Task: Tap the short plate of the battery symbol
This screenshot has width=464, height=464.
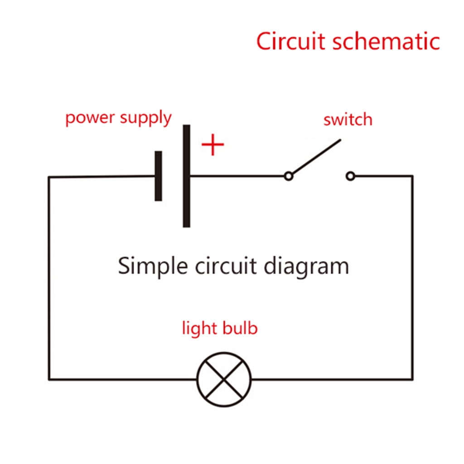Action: (158, 176)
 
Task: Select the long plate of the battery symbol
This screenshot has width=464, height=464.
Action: (187, 176)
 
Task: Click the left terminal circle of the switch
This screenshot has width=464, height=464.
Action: (288, 176)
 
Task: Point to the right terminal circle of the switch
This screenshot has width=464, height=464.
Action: (350, 176)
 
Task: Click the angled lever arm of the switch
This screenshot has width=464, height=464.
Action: (315, 157)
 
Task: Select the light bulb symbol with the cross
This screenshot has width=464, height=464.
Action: (224, 379)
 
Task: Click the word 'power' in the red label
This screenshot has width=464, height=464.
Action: (90, 118)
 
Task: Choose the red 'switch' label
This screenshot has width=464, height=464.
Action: (348, 120)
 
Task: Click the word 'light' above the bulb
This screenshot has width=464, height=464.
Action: (199, 328)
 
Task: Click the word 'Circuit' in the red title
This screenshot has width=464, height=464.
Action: (291, 42)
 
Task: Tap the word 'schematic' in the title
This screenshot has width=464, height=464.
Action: (386, 42)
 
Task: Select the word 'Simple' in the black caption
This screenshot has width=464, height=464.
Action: (153, 266)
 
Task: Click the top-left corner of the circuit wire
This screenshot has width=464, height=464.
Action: (49, 177)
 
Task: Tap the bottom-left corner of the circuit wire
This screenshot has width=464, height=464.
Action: (49, 379)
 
